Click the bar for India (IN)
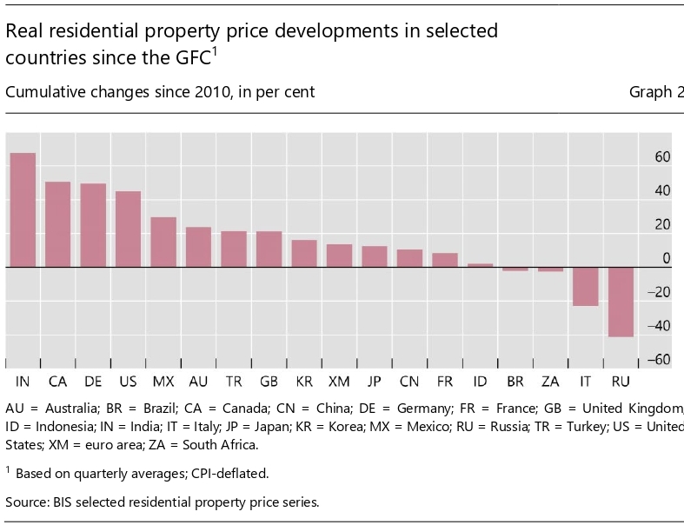coord(23,210)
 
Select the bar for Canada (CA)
coord(58,224)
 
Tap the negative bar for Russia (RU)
coord(621,302)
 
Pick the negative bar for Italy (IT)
coord(586,287)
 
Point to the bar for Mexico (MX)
coord(163,242)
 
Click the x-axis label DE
coord(93,382)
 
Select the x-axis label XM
coord(340,382)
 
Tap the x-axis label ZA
coord(550,382)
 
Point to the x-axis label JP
coord(375,382)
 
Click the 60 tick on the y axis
coord(662,157)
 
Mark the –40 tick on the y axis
coord(660,326)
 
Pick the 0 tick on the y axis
coord(667,258)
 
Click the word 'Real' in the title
coord(25,31)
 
